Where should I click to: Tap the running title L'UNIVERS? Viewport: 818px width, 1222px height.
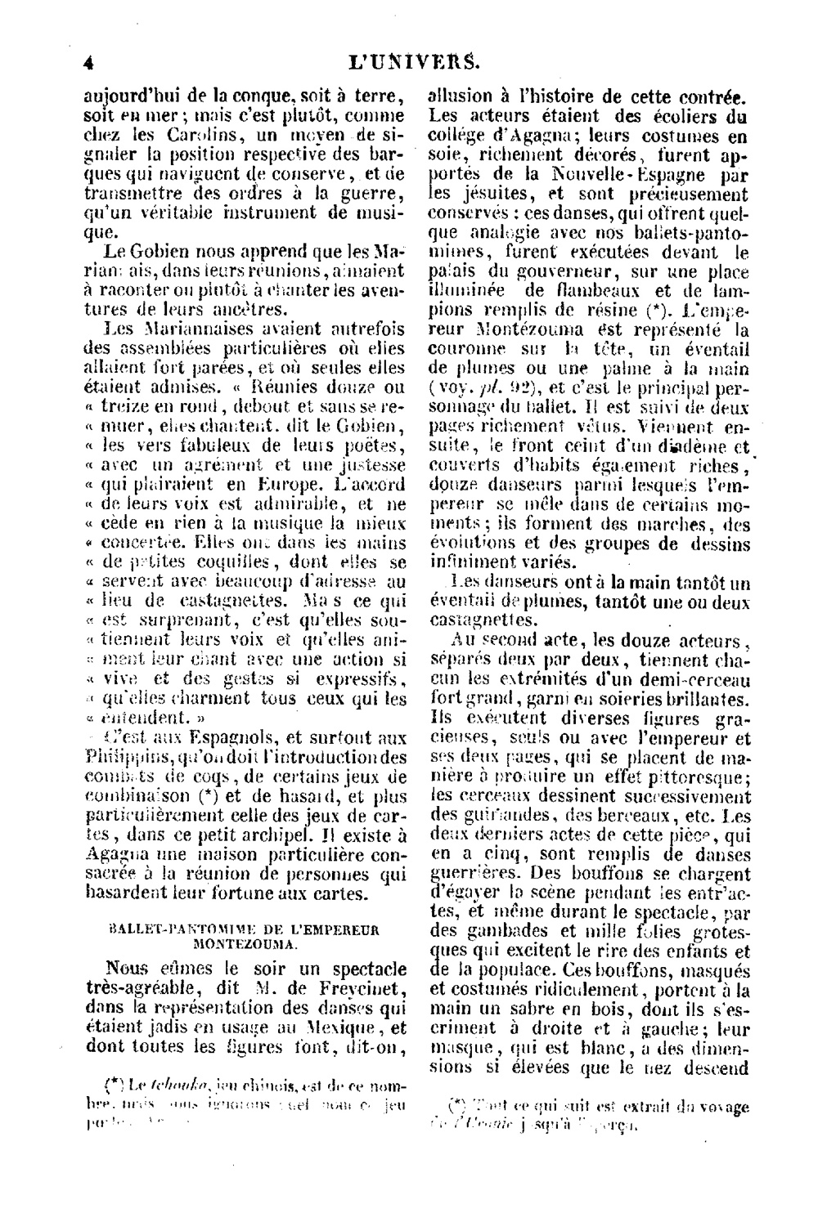click(413, 60)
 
